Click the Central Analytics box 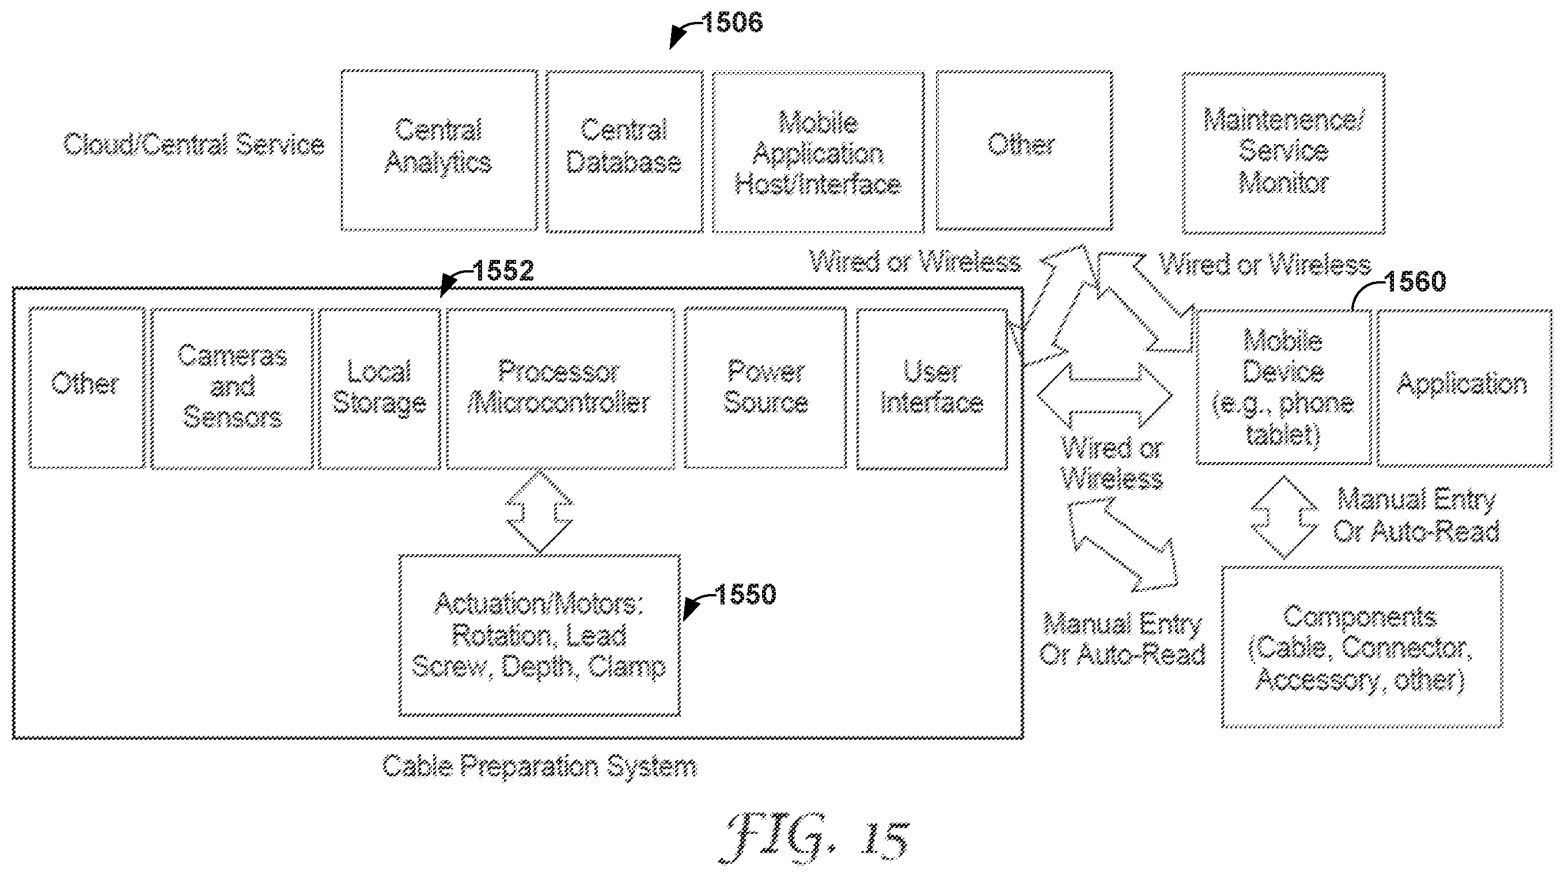[439, 150]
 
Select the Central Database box [624, 152]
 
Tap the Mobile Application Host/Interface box [818, 152]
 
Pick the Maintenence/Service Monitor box [1283, 153]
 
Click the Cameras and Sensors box [232, 388]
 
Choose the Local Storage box [379, 388]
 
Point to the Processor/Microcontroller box [560, 388]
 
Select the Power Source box [765, 388]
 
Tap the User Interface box [932, 389]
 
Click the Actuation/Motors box [540, 635]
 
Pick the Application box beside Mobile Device [1464, 388]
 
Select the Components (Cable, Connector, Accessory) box [1362, 647]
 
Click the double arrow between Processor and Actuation [540, 511]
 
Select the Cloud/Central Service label [194, 145]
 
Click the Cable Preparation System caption [540, 766]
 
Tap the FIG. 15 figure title [814, 838]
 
